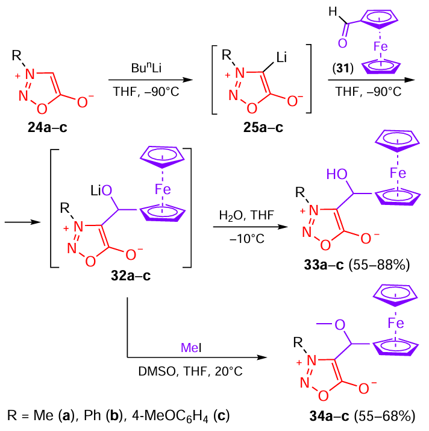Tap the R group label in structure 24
pos(17,57)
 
